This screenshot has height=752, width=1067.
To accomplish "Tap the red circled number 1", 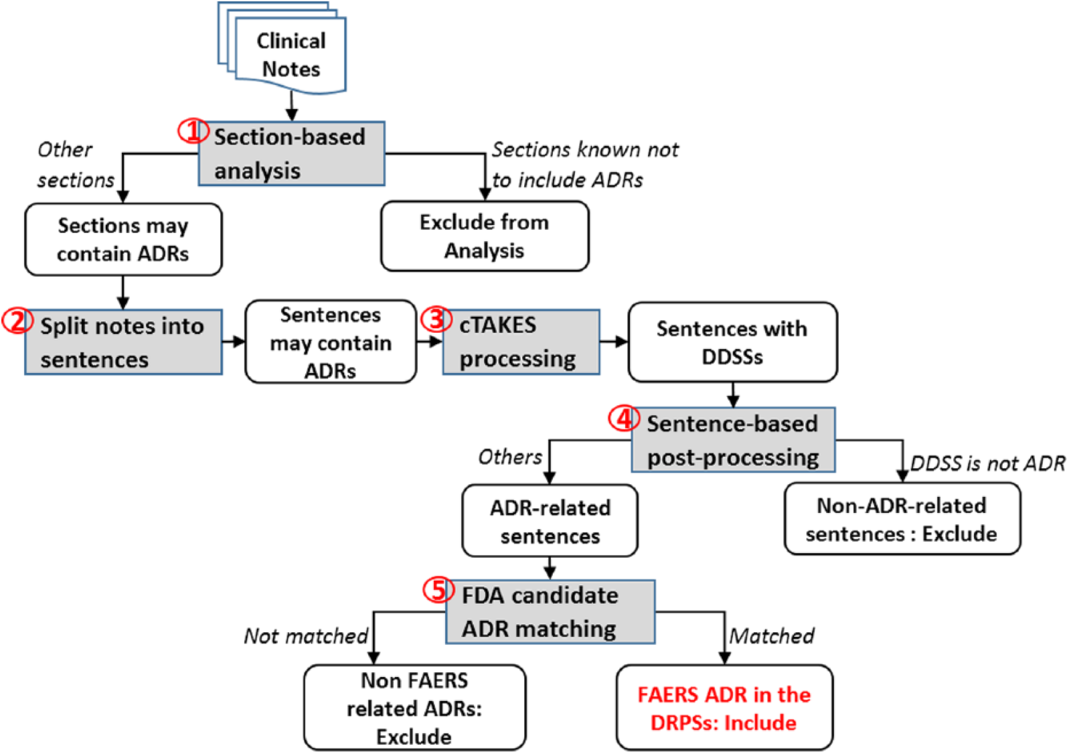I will click(193, 131).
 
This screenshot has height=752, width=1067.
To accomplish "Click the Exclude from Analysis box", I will click(485, 236).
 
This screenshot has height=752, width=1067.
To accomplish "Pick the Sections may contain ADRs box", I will click(123, 240).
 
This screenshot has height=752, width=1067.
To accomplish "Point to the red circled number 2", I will click(17, 321).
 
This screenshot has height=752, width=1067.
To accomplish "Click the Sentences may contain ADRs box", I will click(331, 342).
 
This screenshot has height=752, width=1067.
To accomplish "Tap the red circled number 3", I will click(436, 319).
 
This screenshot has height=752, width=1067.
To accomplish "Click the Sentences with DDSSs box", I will click(732, 342).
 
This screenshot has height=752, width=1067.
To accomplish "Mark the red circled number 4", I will click(623, 419).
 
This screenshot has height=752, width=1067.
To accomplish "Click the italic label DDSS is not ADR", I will click(987, 463).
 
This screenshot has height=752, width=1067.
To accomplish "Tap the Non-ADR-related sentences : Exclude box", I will click(902, 520).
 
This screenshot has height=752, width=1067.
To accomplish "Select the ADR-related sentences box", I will click(550, 522).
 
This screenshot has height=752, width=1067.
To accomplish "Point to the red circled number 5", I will click(438, 590).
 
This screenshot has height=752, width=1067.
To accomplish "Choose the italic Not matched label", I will click(306, 635).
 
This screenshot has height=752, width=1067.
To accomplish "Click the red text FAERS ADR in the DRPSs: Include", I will click(724, 708).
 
